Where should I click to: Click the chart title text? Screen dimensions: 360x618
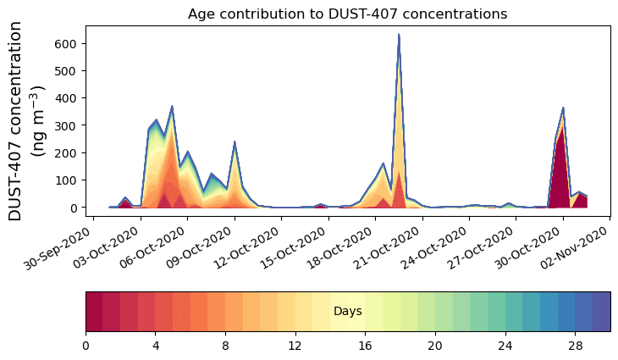pos(347,14)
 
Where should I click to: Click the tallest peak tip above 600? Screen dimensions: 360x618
pos(399,35)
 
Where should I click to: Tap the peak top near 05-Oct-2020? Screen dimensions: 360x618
pos(172,107)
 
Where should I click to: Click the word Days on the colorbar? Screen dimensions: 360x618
pos(347,312)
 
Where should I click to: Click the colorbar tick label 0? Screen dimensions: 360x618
pos(86,346)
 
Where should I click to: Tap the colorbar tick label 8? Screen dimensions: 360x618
pos(225,346)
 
